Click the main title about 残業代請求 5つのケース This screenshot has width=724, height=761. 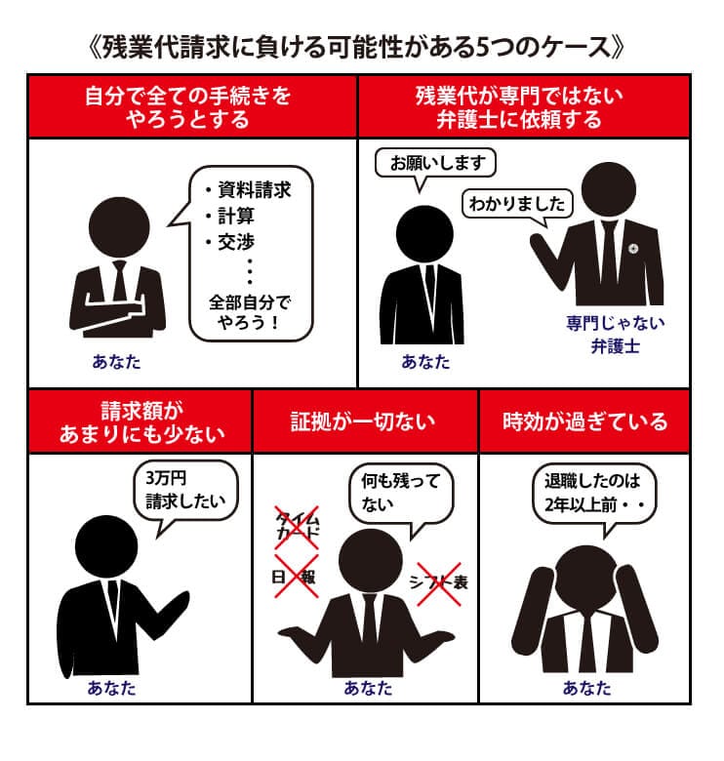357,48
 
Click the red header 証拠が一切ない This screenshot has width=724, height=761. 363,421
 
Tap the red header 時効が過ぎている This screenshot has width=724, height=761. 585,421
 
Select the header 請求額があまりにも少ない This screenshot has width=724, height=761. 141,422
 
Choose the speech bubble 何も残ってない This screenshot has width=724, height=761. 401,495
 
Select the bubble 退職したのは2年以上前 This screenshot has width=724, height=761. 594,495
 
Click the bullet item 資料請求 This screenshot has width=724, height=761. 249,190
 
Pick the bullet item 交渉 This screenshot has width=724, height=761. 230,242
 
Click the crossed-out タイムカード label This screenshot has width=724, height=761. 297,527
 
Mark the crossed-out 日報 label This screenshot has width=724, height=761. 295,577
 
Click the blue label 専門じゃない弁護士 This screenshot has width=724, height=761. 616,335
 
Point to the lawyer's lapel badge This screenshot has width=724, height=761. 633,249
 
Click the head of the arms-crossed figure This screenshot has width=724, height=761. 119,227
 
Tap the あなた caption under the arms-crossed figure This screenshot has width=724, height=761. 116,362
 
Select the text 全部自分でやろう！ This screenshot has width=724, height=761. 250,312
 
